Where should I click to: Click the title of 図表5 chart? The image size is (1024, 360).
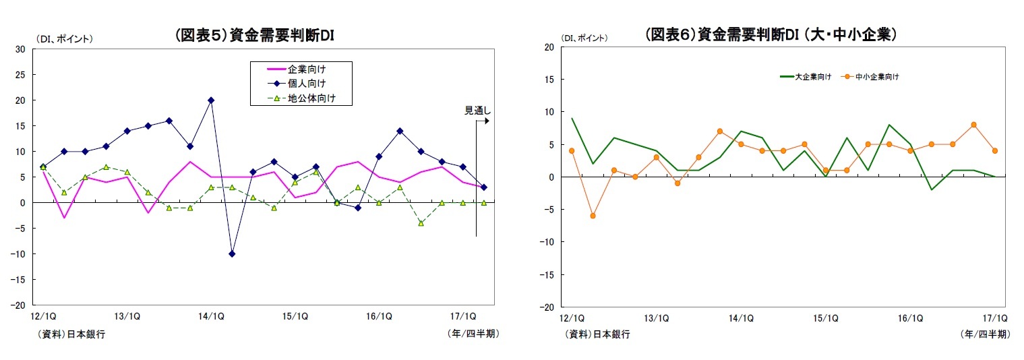click(254, 36)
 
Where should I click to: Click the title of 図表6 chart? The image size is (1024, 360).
click(770, 34)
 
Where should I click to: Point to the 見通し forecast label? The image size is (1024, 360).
click(477, 111)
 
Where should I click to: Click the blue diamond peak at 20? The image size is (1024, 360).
click(211, 100)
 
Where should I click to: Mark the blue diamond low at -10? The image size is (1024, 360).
click(232, 253)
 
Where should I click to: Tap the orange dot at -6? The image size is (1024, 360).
click(593, 216)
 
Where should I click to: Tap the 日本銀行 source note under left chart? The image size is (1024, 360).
click(71, 334)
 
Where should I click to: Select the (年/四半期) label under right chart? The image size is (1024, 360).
click(985, 334)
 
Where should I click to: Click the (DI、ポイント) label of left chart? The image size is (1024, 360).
click(65, 38)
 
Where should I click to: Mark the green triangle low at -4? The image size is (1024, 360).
click(421, 223)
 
